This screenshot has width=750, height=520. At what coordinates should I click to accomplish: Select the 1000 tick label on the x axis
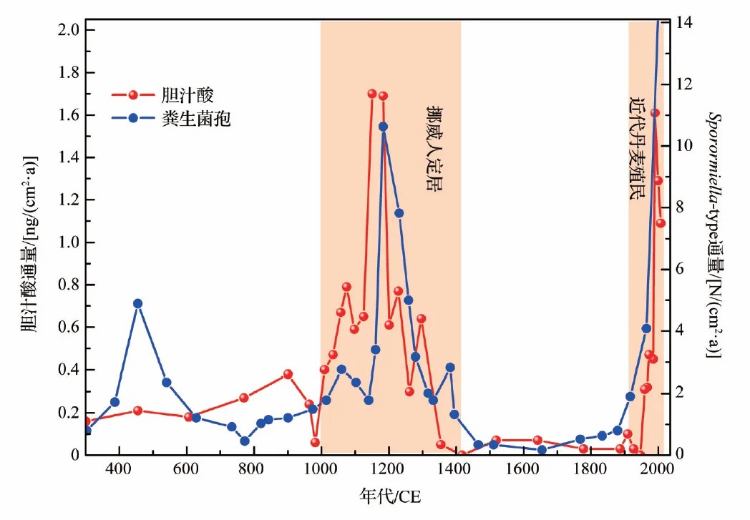[x=321, y=470]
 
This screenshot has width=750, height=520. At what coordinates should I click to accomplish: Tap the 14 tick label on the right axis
[x=683, y=22]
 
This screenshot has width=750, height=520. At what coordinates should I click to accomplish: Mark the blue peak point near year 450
[x=137, y=303]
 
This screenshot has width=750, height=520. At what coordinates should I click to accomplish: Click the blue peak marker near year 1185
[x=383, y=127]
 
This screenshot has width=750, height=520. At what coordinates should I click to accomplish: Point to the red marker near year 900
[x=288, y=374]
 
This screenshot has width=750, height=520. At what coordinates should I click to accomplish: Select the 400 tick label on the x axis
[x=118, y=470]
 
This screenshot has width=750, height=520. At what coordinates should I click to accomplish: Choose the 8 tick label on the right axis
[x=680, y=207]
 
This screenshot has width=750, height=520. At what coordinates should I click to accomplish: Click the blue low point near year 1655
[x=542, y=450]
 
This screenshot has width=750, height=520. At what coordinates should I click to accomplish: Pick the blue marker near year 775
[x=245, y=441]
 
